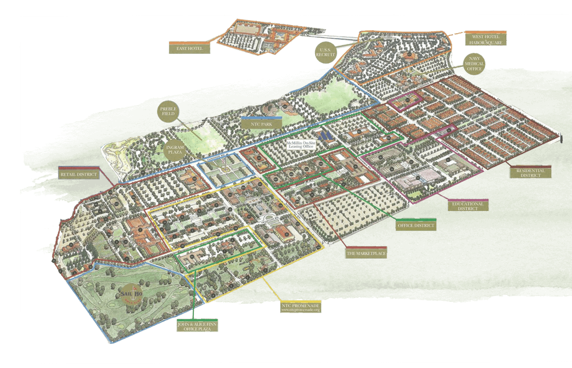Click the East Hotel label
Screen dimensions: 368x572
click(x=189, y=49)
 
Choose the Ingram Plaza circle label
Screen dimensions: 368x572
click(x=175, y=149)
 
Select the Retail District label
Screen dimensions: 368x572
click(x=79, y=173)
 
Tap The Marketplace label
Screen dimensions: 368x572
click(x=366, y=254)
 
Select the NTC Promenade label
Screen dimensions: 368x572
click(x=301, y=305)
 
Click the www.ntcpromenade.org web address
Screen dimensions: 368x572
click(x=301, y=311)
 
